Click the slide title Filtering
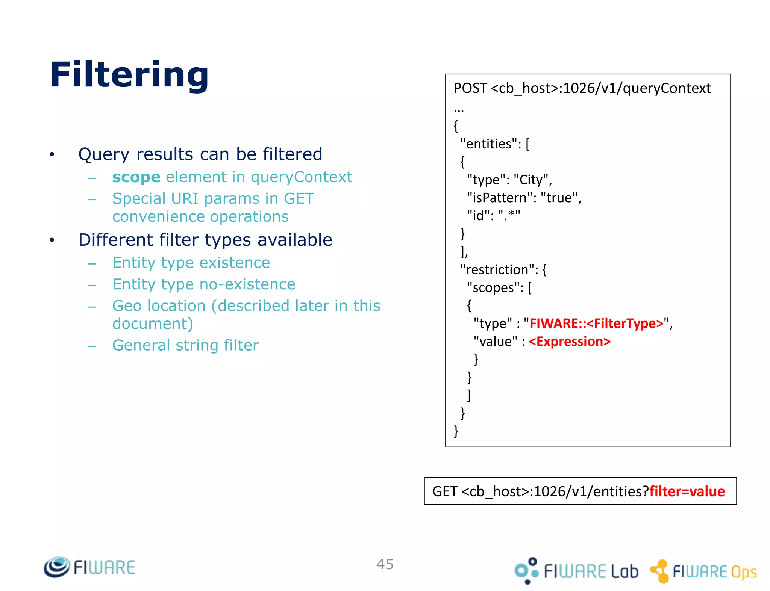click(129, 75)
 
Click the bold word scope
click(136, 177)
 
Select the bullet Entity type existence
click(191, 263)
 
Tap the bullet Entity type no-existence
click(204, 284)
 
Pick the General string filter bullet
click(185, 345)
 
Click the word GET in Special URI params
click(299, 198)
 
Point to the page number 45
click(385, 564)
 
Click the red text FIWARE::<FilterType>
click(596, 323)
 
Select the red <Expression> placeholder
click(569, 342)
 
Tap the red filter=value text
click(687, 491)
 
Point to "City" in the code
click(531, 180)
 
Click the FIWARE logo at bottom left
click(89, 567)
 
